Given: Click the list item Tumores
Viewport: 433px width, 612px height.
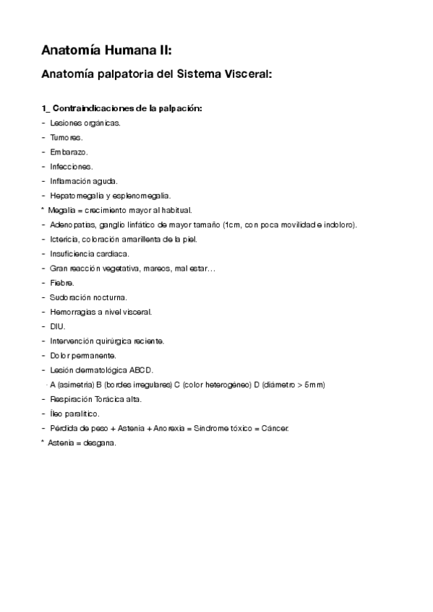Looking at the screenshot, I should [x=67, y=137].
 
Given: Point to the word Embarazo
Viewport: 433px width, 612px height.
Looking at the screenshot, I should [x=69, y=152].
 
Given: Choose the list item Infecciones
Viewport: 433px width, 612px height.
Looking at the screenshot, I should [x=72, y=166].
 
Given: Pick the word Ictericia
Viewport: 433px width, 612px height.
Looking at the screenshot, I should [x=65, y=239].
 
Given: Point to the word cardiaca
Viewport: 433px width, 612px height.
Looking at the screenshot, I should [x=112, y=253].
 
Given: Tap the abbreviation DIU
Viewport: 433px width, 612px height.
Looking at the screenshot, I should [x=58, y=326].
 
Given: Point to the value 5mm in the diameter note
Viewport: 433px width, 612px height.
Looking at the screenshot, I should [x=314, y=385].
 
